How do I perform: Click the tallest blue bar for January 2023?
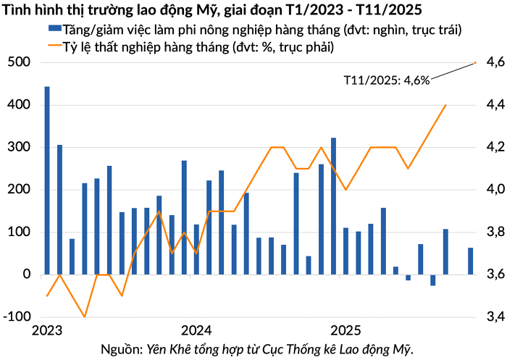(x=47, y=180)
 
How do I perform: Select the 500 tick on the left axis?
(x=19, y=63)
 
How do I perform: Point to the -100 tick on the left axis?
(x=15, y=317)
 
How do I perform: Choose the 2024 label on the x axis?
(x=196, y=330)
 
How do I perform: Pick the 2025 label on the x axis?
(x=346, y=330)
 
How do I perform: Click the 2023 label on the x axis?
(x=47, y=330)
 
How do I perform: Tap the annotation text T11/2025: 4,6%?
(x=386, y=80)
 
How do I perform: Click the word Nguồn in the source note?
(x=120, y=349)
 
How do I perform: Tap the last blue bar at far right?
(x=471, y=261)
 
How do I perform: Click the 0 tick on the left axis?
(x=25, y=275)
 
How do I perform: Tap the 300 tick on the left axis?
(x=19, y=148)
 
